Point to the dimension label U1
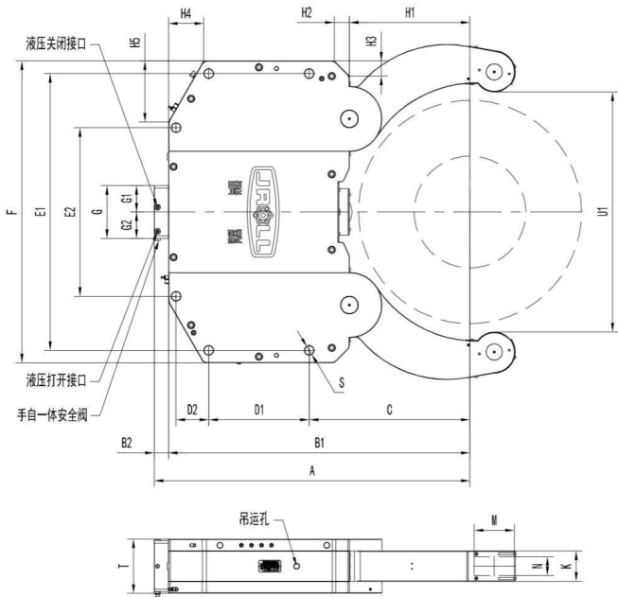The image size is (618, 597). tap(603, 212)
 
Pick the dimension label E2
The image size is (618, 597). tap(69, 212)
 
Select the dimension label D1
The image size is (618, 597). tap(258, 409)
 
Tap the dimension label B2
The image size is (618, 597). tap(126, 443)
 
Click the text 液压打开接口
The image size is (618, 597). tap(58, 380)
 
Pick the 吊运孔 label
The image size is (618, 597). tap(257, 519)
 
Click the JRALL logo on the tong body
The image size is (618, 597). tap(267, 211)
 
